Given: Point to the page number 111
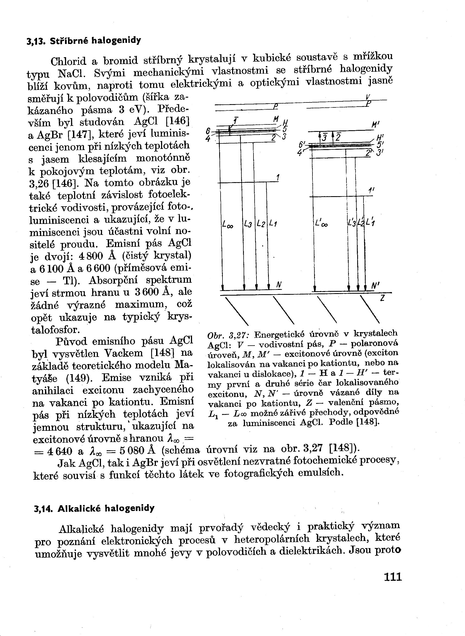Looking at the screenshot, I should click(x=393, y=577).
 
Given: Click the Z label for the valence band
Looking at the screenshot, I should click(x=382, y=298).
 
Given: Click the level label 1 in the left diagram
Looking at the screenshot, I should click(x=278, y=178).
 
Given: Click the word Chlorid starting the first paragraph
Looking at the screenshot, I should click(x=68, y=61).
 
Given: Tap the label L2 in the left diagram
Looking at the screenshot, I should click(x=261, y=224).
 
